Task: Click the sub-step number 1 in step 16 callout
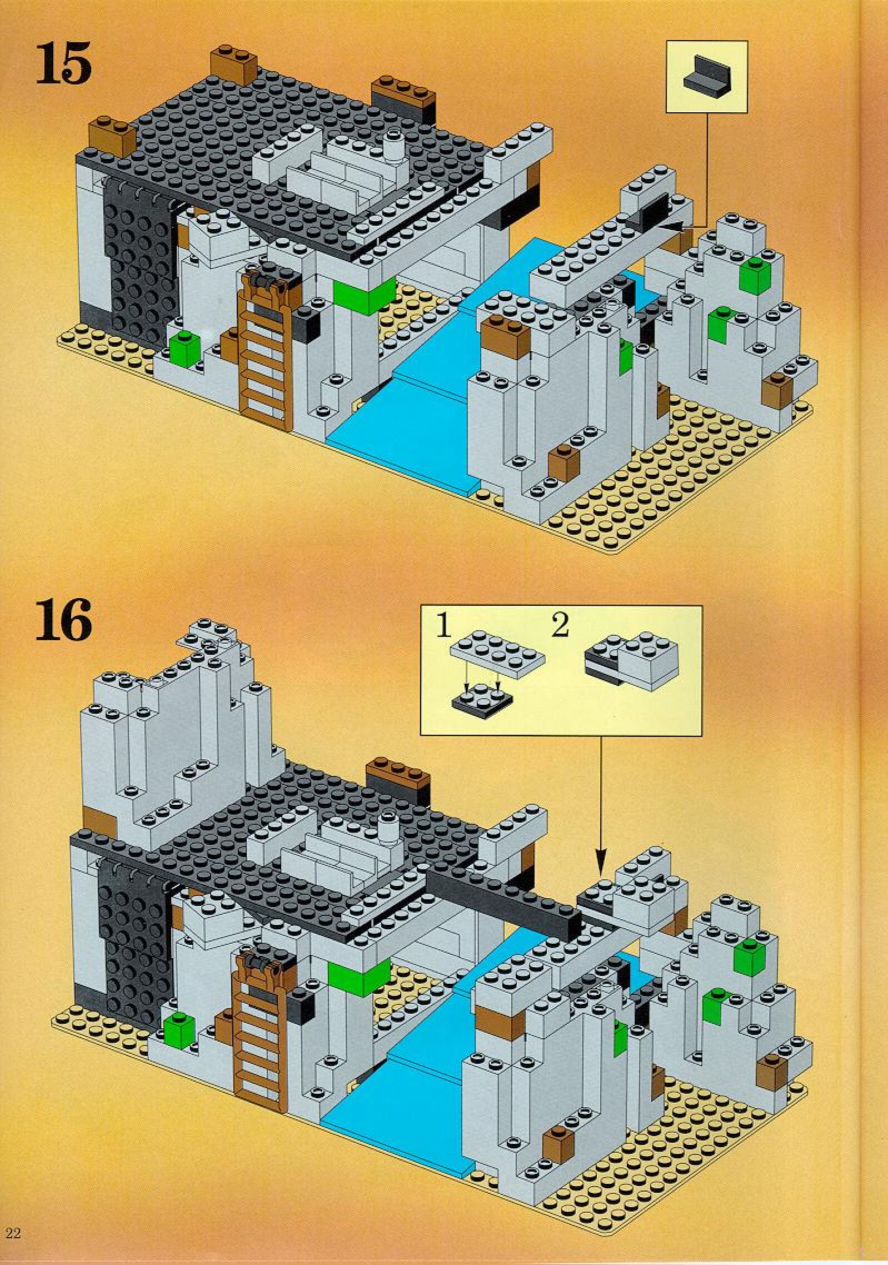click(x=443, y=627)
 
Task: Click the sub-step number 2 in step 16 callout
click(x=560, y=627)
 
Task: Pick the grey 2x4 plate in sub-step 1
click(x=498, y=655)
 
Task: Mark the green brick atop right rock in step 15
click(x=757, y=271)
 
